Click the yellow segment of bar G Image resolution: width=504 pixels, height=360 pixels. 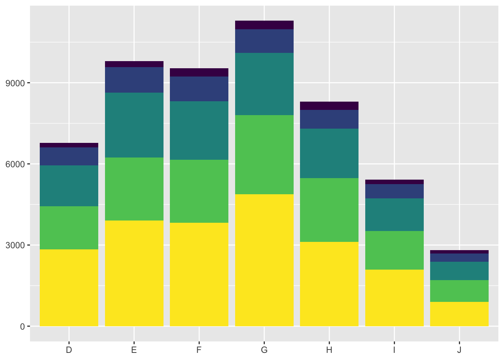264,260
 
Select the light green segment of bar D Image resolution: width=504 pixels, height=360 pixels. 69,228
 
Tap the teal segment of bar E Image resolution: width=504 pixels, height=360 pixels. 134,125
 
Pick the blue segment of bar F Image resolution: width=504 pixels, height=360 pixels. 199,89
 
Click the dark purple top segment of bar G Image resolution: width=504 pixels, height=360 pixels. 264,25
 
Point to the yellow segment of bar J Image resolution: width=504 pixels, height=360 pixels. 459,314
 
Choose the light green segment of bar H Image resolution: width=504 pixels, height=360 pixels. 329,210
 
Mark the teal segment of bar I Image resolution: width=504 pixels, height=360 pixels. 394,214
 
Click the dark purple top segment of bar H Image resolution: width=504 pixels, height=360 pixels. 329,106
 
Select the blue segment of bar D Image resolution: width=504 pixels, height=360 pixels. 69,156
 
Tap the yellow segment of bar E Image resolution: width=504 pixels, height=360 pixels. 134,273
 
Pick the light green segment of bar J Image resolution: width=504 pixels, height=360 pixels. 459,291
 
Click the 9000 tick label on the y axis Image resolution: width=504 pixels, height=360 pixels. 18,83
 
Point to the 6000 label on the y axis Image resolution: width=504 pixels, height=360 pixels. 18,164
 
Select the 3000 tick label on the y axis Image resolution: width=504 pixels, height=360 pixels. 18,245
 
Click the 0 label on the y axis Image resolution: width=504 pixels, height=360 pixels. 22,327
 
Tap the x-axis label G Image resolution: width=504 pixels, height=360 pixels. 264,350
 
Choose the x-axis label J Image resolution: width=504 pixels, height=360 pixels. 459,350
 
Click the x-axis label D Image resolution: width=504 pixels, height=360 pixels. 69,350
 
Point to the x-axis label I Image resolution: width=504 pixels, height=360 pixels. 394,350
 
